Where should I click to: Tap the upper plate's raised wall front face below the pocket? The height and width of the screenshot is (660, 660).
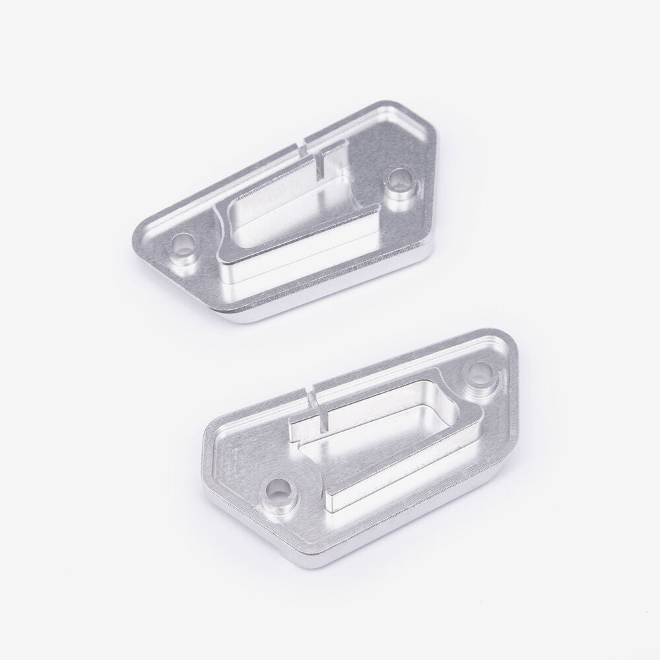[x=297, y=261]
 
